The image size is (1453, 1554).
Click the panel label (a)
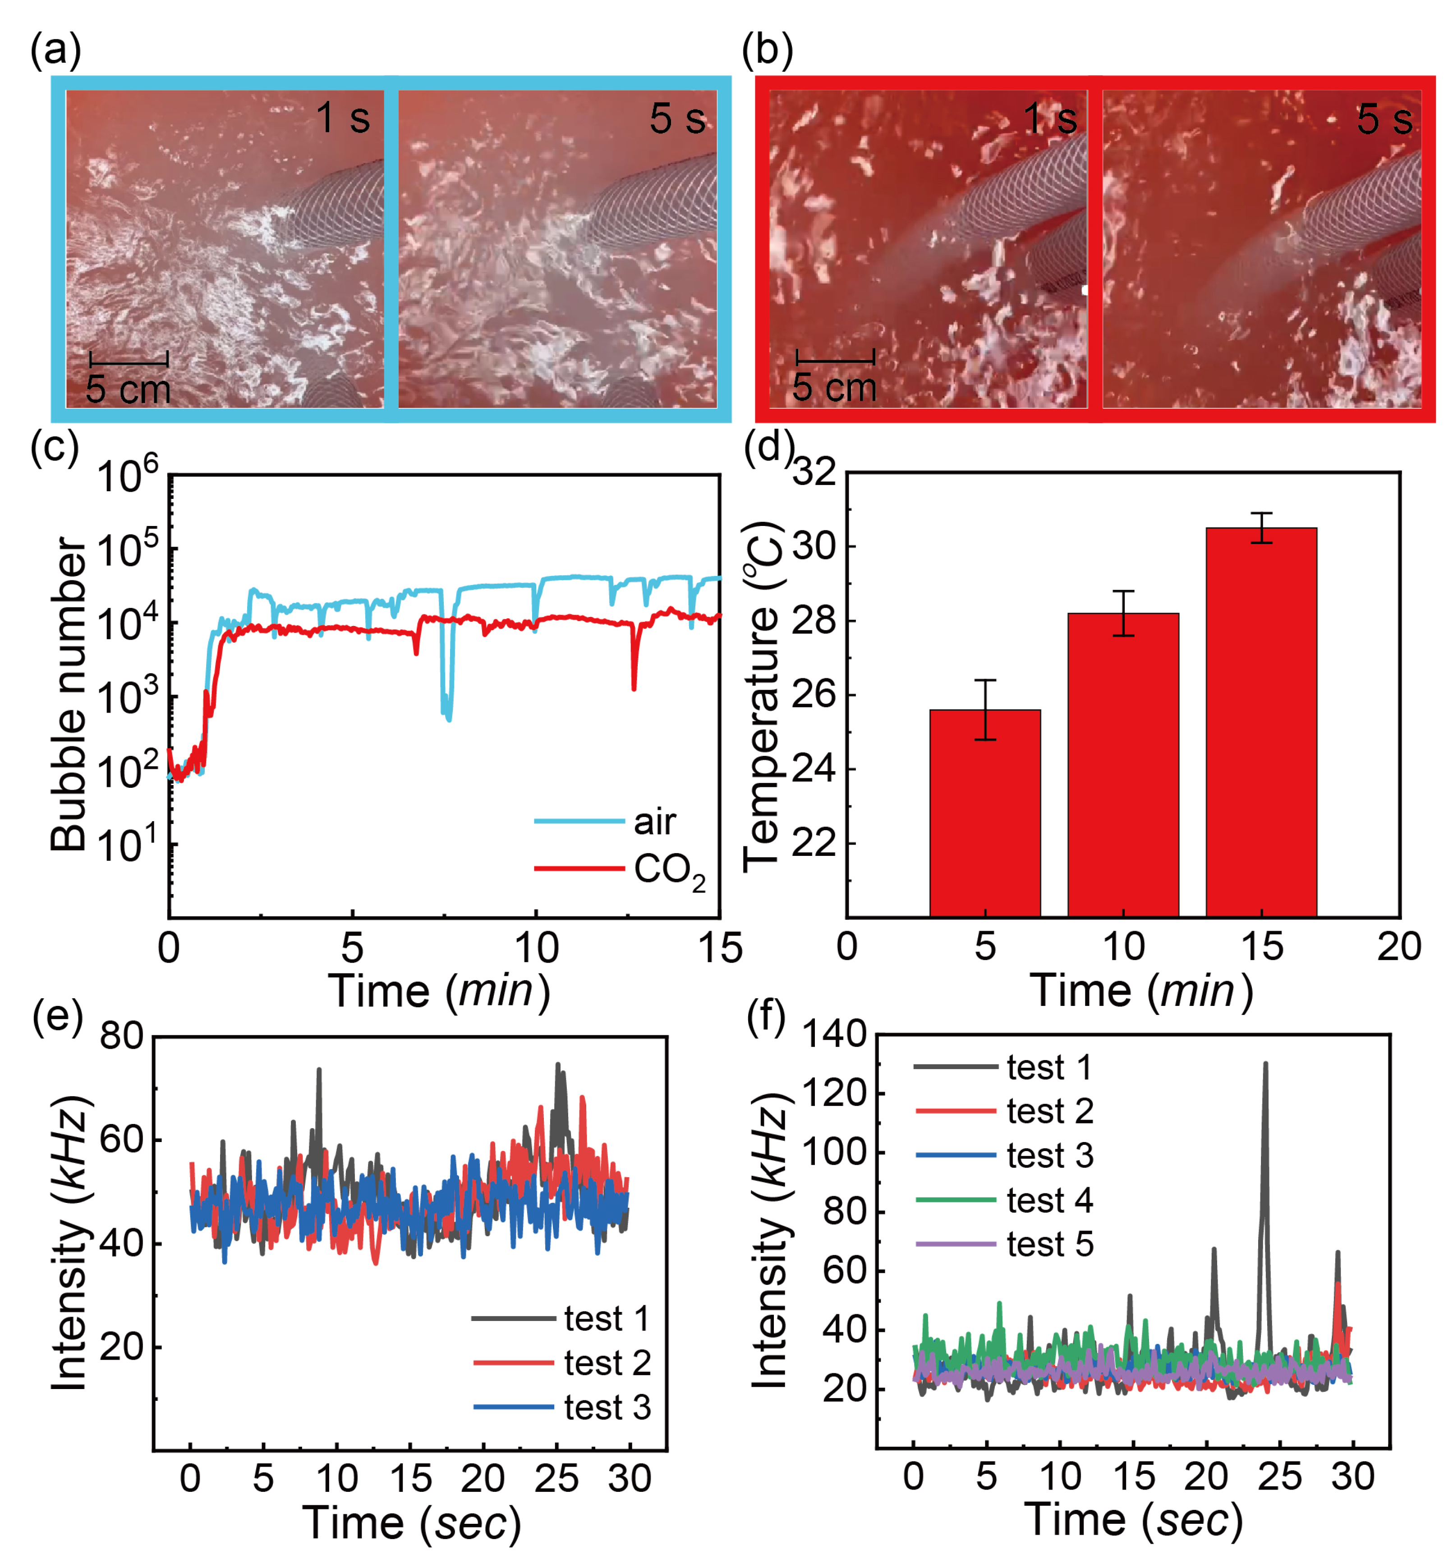pos(55,51)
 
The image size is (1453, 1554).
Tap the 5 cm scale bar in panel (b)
pos(834,361)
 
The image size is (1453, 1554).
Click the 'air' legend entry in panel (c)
pos(606,822)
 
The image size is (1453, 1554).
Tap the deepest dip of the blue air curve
pos(448,718)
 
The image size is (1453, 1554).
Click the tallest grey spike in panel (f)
pos(1264,1065)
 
